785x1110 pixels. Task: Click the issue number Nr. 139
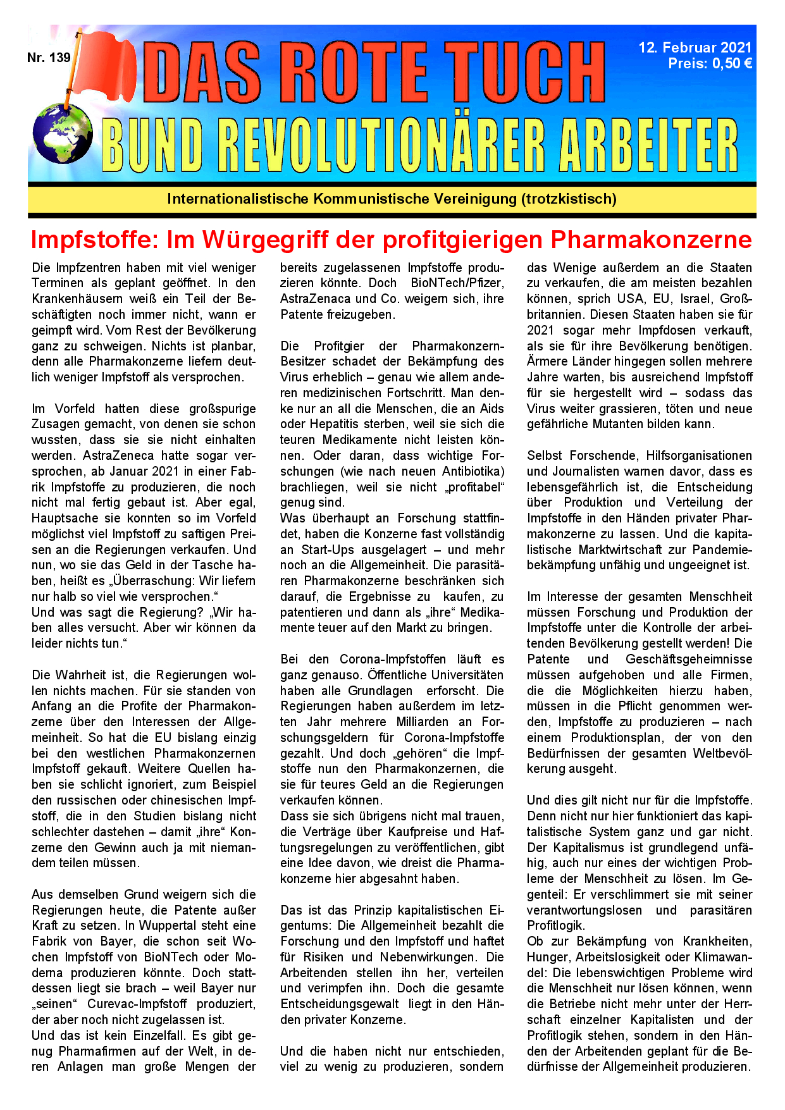(x=49, y=58)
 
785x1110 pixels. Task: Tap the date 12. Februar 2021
(x=695, y=47)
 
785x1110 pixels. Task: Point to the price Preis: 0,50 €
(x=710, y=63)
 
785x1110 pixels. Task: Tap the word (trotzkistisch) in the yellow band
(x=569, y=199)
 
